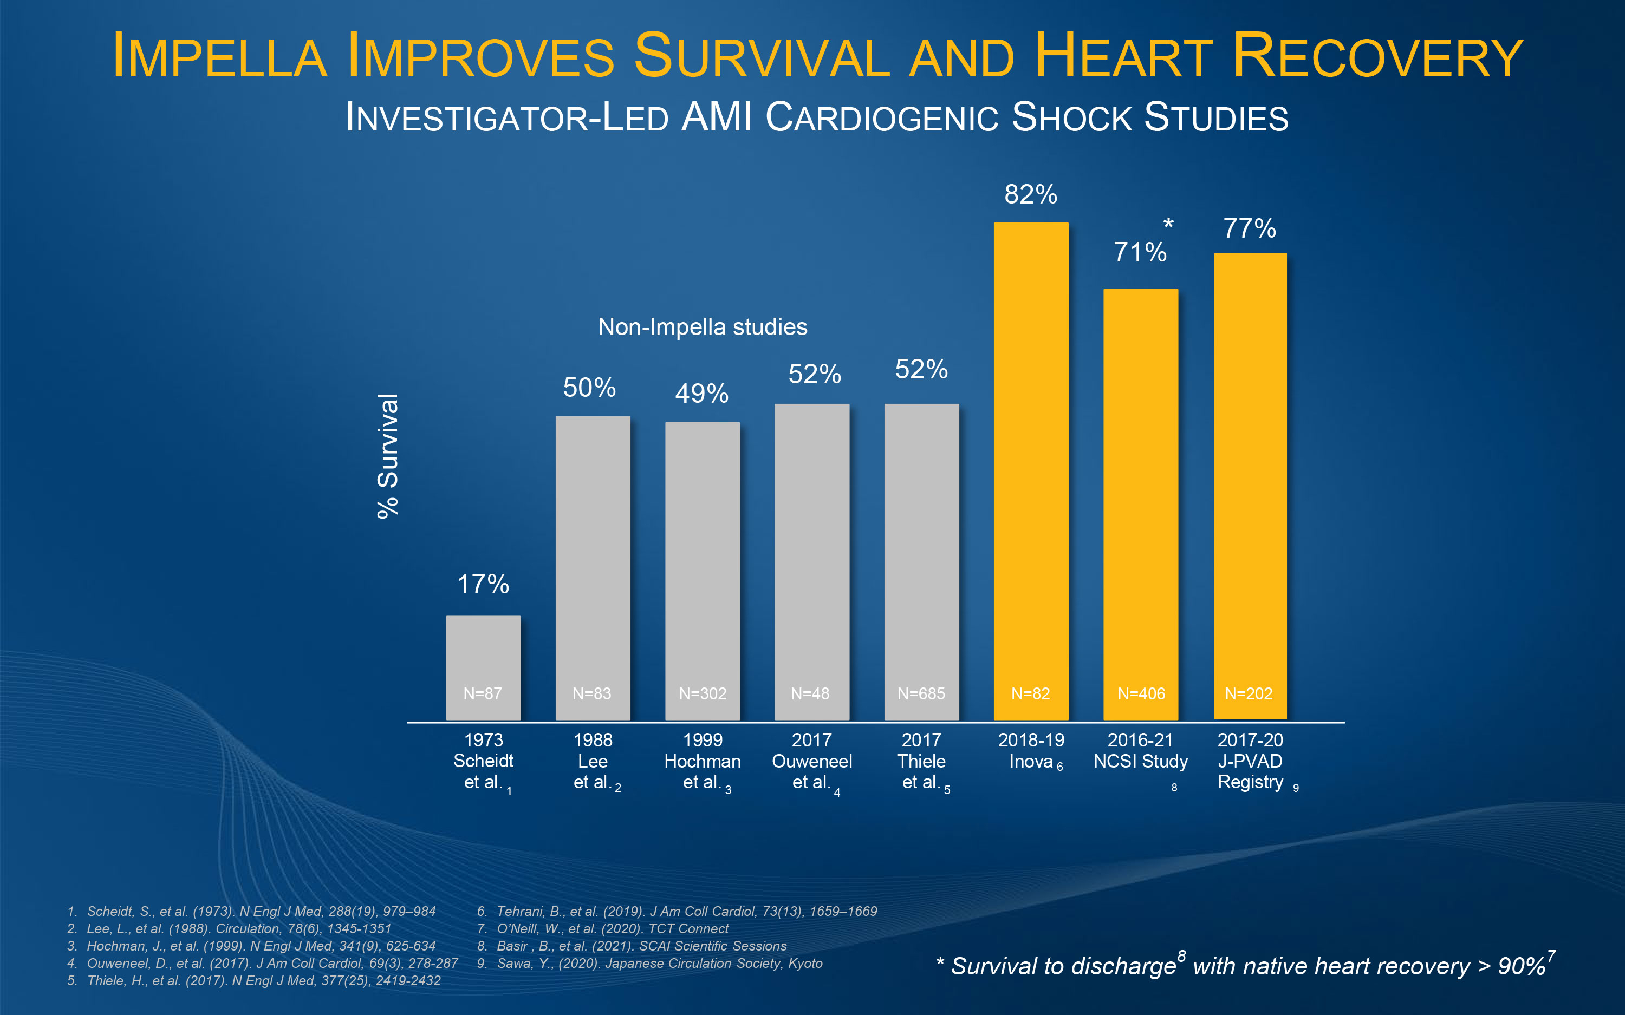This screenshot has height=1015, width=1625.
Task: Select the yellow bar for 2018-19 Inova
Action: click(x=1031, y=470)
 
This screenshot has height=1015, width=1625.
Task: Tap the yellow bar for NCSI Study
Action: click(x=1140, y=503)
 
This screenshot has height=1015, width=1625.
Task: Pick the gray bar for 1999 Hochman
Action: click(x=703, y=571)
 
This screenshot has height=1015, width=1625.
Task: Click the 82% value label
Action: click(x=1031, y=195)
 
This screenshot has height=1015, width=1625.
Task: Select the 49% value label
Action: click(x=701, y=394)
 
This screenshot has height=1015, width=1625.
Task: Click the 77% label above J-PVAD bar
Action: click(x=1249, y=228)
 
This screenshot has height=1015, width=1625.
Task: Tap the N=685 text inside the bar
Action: click(x=921, y=693)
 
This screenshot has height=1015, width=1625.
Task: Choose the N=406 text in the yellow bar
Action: click(x=1141, y=693)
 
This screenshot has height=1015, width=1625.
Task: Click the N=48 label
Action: click(x=810, y=693)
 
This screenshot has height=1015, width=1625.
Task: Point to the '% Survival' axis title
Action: click(x=388, y=456)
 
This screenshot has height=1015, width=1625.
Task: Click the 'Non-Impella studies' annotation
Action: click(x=703, y=327)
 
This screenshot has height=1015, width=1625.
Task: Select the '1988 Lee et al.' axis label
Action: click(x=593, y=761)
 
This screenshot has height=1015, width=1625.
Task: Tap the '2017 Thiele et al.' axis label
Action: click(x=921, y=761)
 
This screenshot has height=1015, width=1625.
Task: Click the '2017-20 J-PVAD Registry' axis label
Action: click(x=1250, y=761)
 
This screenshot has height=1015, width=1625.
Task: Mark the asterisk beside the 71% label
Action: click(x=1168, y=225)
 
